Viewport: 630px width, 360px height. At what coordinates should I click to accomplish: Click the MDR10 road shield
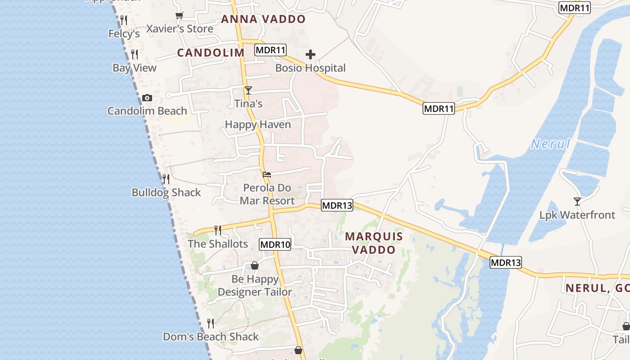pyautogui.click(x=275, y=245)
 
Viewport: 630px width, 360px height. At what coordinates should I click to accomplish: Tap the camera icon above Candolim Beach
pyautogui.click(x=147, y=98)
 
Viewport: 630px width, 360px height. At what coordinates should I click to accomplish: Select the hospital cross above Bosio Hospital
pyautogui.click(x=310, y=55)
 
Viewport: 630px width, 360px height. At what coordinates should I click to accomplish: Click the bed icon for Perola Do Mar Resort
pyautogui.click(x=267, y=175)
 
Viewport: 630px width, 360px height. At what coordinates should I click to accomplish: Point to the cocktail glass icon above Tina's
pyautogui.click(x=248, y=90)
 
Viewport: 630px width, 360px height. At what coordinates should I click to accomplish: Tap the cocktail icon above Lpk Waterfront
pyautogui.click(x=577, y=201)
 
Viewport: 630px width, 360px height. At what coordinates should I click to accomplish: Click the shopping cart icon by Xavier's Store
pyautogui.click(x=180, y=16)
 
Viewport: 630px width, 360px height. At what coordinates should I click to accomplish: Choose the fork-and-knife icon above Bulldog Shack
pyautogui.click(x=166, y=179)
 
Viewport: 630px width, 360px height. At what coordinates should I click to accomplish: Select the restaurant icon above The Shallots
pyautogui.click(x=218, y=230)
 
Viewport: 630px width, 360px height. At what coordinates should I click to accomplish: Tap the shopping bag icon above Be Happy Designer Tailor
pyautogui.click(x=255, y=265)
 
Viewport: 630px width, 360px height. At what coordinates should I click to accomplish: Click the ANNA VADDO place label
pyautogui.click(x=263, y=19)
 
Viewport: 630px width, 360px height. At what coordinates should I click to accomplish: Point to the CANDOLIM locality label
pyautogui.click(x=211, y=53)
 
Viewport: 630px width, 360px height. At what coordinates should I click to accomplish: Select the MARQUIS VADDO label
pyautogui.click(x=374, y=243)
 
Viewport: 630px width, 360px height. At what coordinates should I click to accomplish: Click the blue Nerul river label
pyautogui.click(x=550, y=144)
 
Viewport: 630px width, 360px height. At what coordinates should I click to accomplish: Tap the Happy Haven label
pyautogui.click(x=258, y=125)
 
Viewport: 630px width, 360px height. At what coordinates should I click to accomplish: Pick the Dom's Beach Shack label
pyautogui.click(x=211, y=337)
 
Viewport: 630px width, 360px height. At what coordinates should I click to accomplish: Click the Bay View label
pyautogui.click(x=135, y=68)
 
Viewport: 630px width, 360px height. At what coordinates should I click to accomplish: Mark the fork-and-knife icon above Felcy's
pyautogui.click(x=124, y=20)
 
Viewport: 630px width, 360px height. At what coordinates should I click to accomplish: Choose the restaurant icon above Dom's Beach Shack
pyautogui.click(x=210, y=323)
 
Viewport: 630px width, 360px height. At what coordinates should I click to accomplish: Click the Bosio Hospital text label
pyautogui.click(x=310, y=68)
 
